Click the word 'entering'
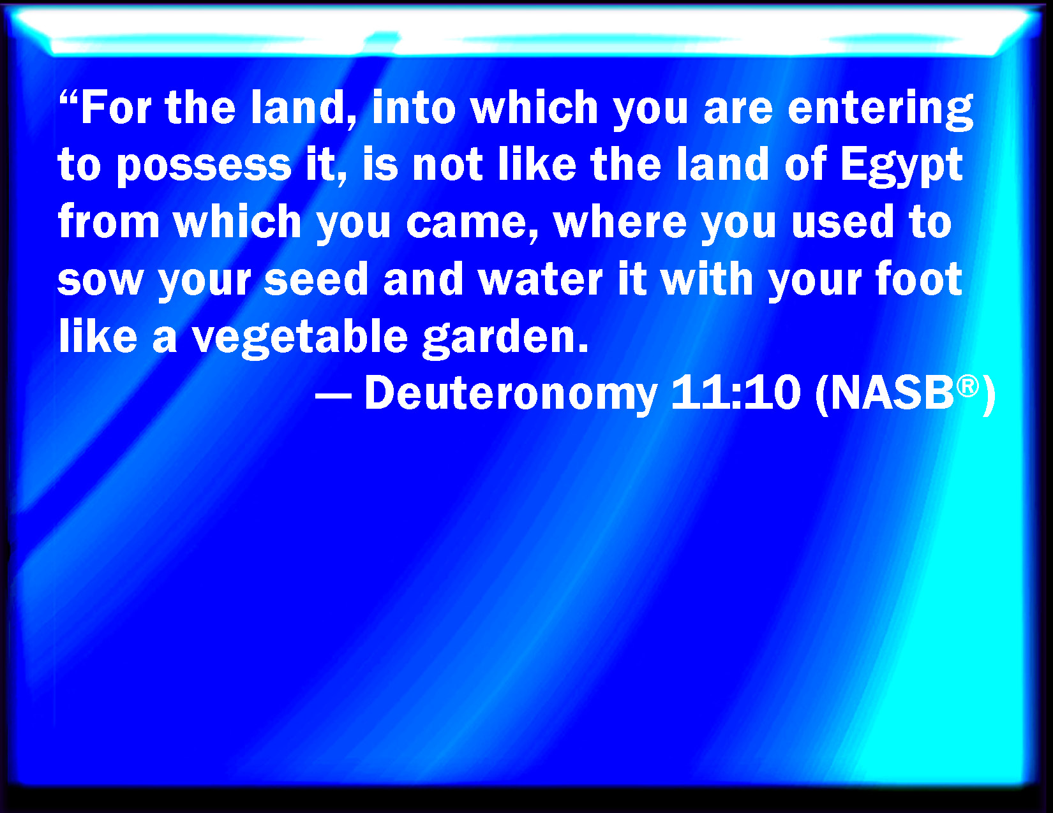881,110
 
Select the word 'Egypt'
901,166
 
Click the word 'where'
620,223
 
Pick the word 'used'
842,223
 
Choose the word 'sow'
100,281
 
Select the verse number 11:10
736,393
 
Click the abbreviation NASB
892,393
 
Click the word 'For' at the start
116,108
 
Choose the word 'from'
108,221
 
